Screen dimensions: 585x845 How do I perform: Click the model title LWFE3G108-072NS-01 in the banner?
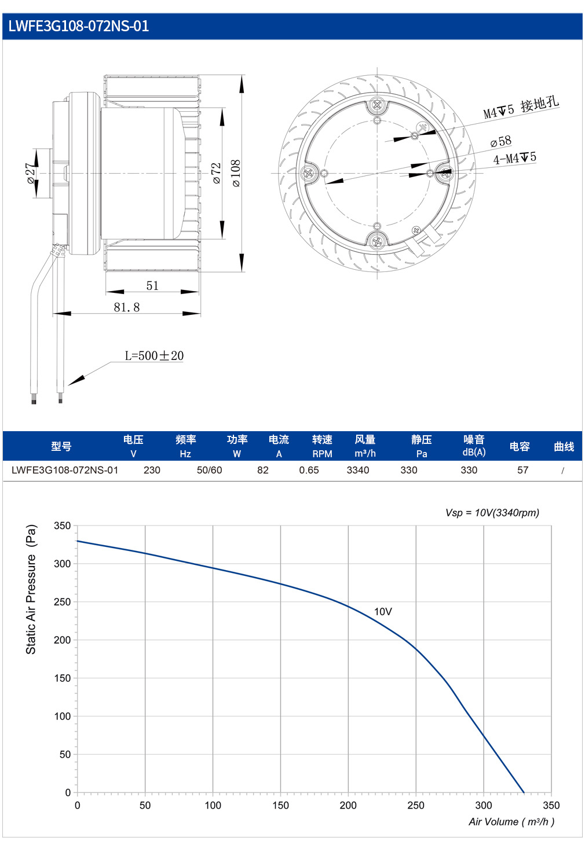(x=79, y=27)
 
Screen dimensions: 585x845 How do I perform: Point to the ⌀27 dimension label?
(x=31, y=174)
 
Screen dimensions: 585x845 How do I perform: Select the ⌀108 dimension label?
(x=236, y=173)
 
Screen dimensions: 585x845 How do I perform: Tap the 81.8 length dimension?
(x=127, y=307)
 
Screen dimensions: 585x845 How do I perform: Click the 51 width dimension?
(x=152, y=285)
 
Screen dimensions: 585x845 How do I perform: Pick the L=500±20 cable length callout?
(x=155, y=356)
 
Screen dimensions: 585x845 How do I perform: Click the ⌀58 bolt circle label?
(x=501, y=141)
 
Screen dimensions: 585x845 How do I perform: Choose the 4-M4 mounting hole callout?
(x=515, y=158)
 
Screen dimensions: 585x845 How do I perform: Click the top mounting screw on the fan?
(x=377, y=105)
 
